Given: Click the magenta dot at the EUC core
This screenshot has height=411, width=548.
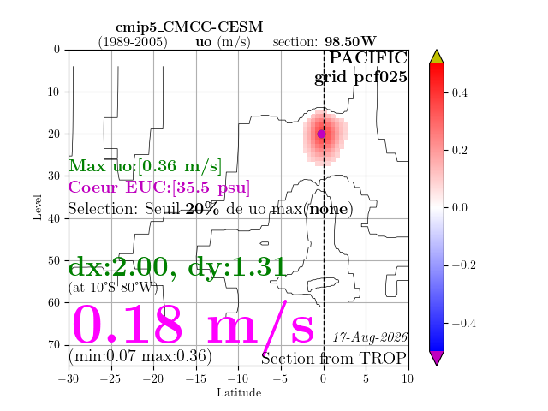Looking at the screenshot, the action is (322, 134).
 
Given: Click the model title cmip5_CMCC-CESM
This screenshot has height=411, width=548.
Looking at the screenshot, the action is (189, 27).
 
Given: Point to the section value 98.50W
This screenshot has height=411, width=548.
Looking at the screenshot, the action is (350, 42).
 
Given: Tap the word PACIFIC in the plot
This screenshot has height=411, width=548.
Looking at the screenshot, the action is (368, 58).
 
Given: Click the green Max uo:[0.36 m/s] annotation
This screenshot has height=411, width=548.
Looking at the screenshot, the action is (146, 166).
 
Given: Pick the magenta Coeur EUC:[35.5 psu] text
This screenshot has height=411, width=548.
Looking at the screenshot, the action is (159, 188).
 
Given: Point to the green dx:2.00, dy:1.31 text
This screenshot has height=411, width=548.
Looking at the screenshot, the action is (177, 267).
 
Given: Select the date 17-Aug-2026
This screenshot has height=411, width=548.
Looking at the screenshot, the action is (370, 337).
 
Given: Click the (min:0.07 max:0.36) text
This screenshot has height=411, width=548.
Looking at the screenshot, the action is (140, 356).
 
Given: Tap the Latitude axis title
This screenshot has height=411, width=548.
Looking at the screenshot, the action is (239, 393).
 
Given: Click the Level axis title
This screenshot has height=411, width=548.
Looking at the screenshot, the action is (37, 207).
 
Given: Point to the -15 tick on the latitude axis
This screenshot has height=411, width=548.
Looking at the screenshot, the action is (195, 378).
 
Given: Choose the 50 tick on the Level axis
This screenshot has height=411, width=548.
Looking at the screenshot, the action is (54, 260).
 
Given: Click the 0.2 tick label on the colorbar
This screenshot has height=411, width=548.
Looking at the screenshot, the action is (459, 151).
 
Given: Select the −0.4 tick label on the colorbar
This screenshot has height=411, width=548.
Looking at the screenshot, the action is (464, 323).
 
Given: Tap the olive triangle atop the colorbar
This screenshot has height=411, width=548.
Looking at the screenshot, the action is (437, 57).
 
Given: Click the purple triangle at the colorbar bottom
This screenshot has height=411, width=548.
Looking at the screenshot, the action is (437, 358).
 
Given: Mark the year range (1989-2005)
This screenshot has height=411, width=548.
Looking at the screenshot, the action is (133, 42).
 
